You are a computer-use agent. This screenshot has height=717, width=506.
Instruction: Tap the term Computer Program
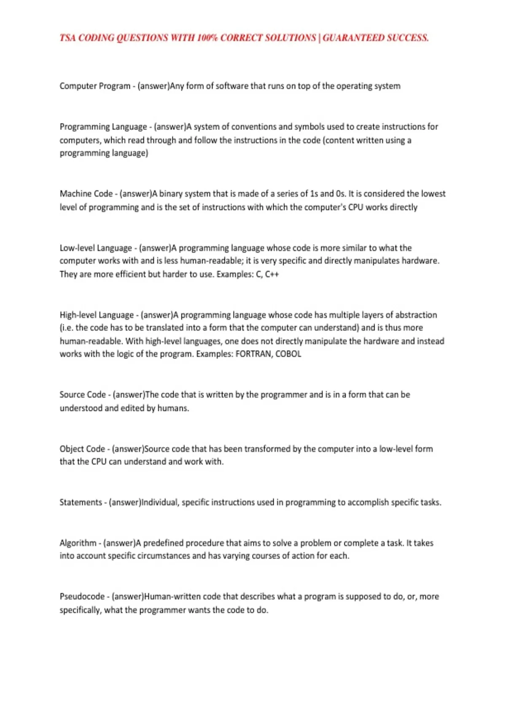pyautogui.click(x=95, y=86)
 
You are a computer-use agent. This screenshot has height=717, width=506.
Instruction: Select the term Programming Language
pyautogui.click(x=103, y=127)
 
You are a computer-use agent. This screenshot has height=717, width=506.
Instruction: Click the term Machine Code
pyautogui.click(x=86, y=194)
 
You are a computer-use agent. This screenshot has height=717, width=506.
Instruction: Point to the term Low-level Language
pyautogui.click(x=96, y=248)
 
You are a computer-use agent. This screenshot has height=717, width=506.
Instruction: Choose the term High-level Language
pyautogui.click(x=97, y=315)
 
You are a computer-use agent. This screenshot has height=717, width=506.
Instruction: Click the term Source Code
pyautogui.click(x=83, y=395)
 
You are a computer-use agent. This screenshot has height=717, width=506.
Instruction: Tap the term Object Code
pyautogui.click(x=82, y=449)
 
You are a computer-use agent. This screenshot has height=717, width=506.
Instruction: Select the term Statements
pyautogui.click(x=81, y=502)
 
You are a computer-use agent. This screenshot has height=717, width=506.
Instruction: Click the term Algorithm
pyautogui.click(x=78, y=543)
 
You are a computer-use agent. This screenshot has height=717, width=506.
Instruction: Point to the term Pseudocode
pyautogui.click(x=82, y=596)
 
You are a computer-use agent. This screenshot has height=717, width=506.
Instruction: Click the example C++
pyautogui.click(x=272, y=274)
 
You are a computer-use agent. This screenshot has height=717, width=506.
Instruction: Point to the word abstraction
pyautogui.click(x=415, y=315)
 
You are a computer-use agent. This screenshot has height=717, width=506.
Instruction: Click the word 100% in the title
pyautogui.click(x=206, y=38)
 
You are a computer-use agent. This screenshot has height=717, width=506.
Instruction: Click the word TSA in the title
pyautogui.click(x=67, y=38)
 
